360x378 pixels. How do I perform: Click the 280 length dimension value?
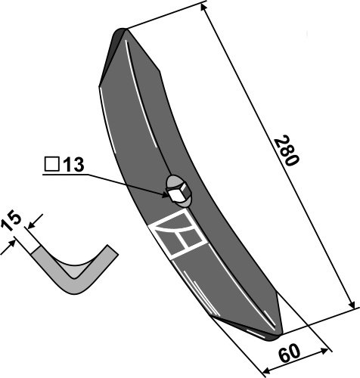point(287,151)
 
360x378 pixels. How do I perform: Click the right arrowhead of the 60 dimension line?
point(328,349)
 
